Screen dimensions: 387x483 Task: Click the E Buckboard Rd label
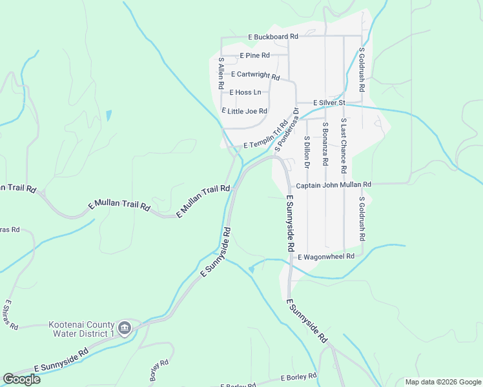pos(272,37)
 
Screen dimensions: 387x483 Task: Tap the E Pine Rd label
pos(254,56)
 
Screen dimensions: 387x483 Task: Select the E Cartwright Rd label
pos(255,75)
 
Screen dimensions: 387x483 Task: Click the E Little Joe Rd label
pos(244,111)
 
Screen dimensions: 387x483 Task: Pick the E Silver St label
pos(329,103)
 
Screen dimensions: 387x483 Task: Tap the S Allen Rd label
pos(221,73)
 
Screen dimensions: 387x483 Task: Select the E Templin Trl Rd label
pos(265,136)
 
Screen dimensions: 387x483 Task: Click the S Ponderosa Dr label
pos(287,129)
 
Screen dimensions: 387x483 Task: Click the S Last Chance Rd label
pos(344,146)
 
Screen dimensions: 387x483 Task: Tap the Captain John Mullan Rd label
pos(333,185)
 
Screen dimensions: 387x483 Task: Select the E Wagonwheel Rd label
pos(325,257)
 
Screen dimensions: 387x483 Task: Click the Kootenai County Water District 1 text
pos(81,329)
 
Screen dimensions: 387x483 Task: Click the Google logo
pos(21,379)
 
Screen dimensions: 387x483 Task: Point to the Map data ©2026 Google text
pos(442,382)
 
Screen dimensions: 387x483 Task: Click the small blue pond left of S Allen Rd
pos(108,116)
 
